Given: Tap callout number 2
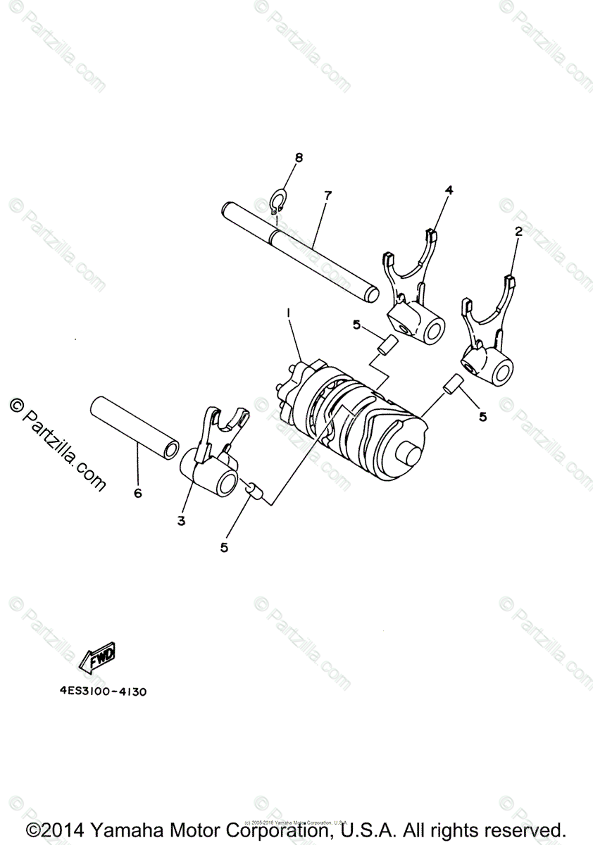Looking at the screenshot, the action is point(518,231).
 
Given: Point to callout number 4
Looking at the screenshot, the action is point(449,190).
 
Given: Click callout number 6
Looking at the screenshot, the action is point(137,493).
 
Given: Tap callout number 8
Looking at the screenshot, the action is point(299,158).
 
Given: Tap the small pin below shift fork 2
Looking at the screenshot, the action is point(451,385).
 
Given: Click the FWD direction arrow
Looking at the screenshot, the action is point(98,657).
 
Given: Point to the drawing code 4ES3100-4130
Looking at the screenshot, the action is point(103,691).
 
